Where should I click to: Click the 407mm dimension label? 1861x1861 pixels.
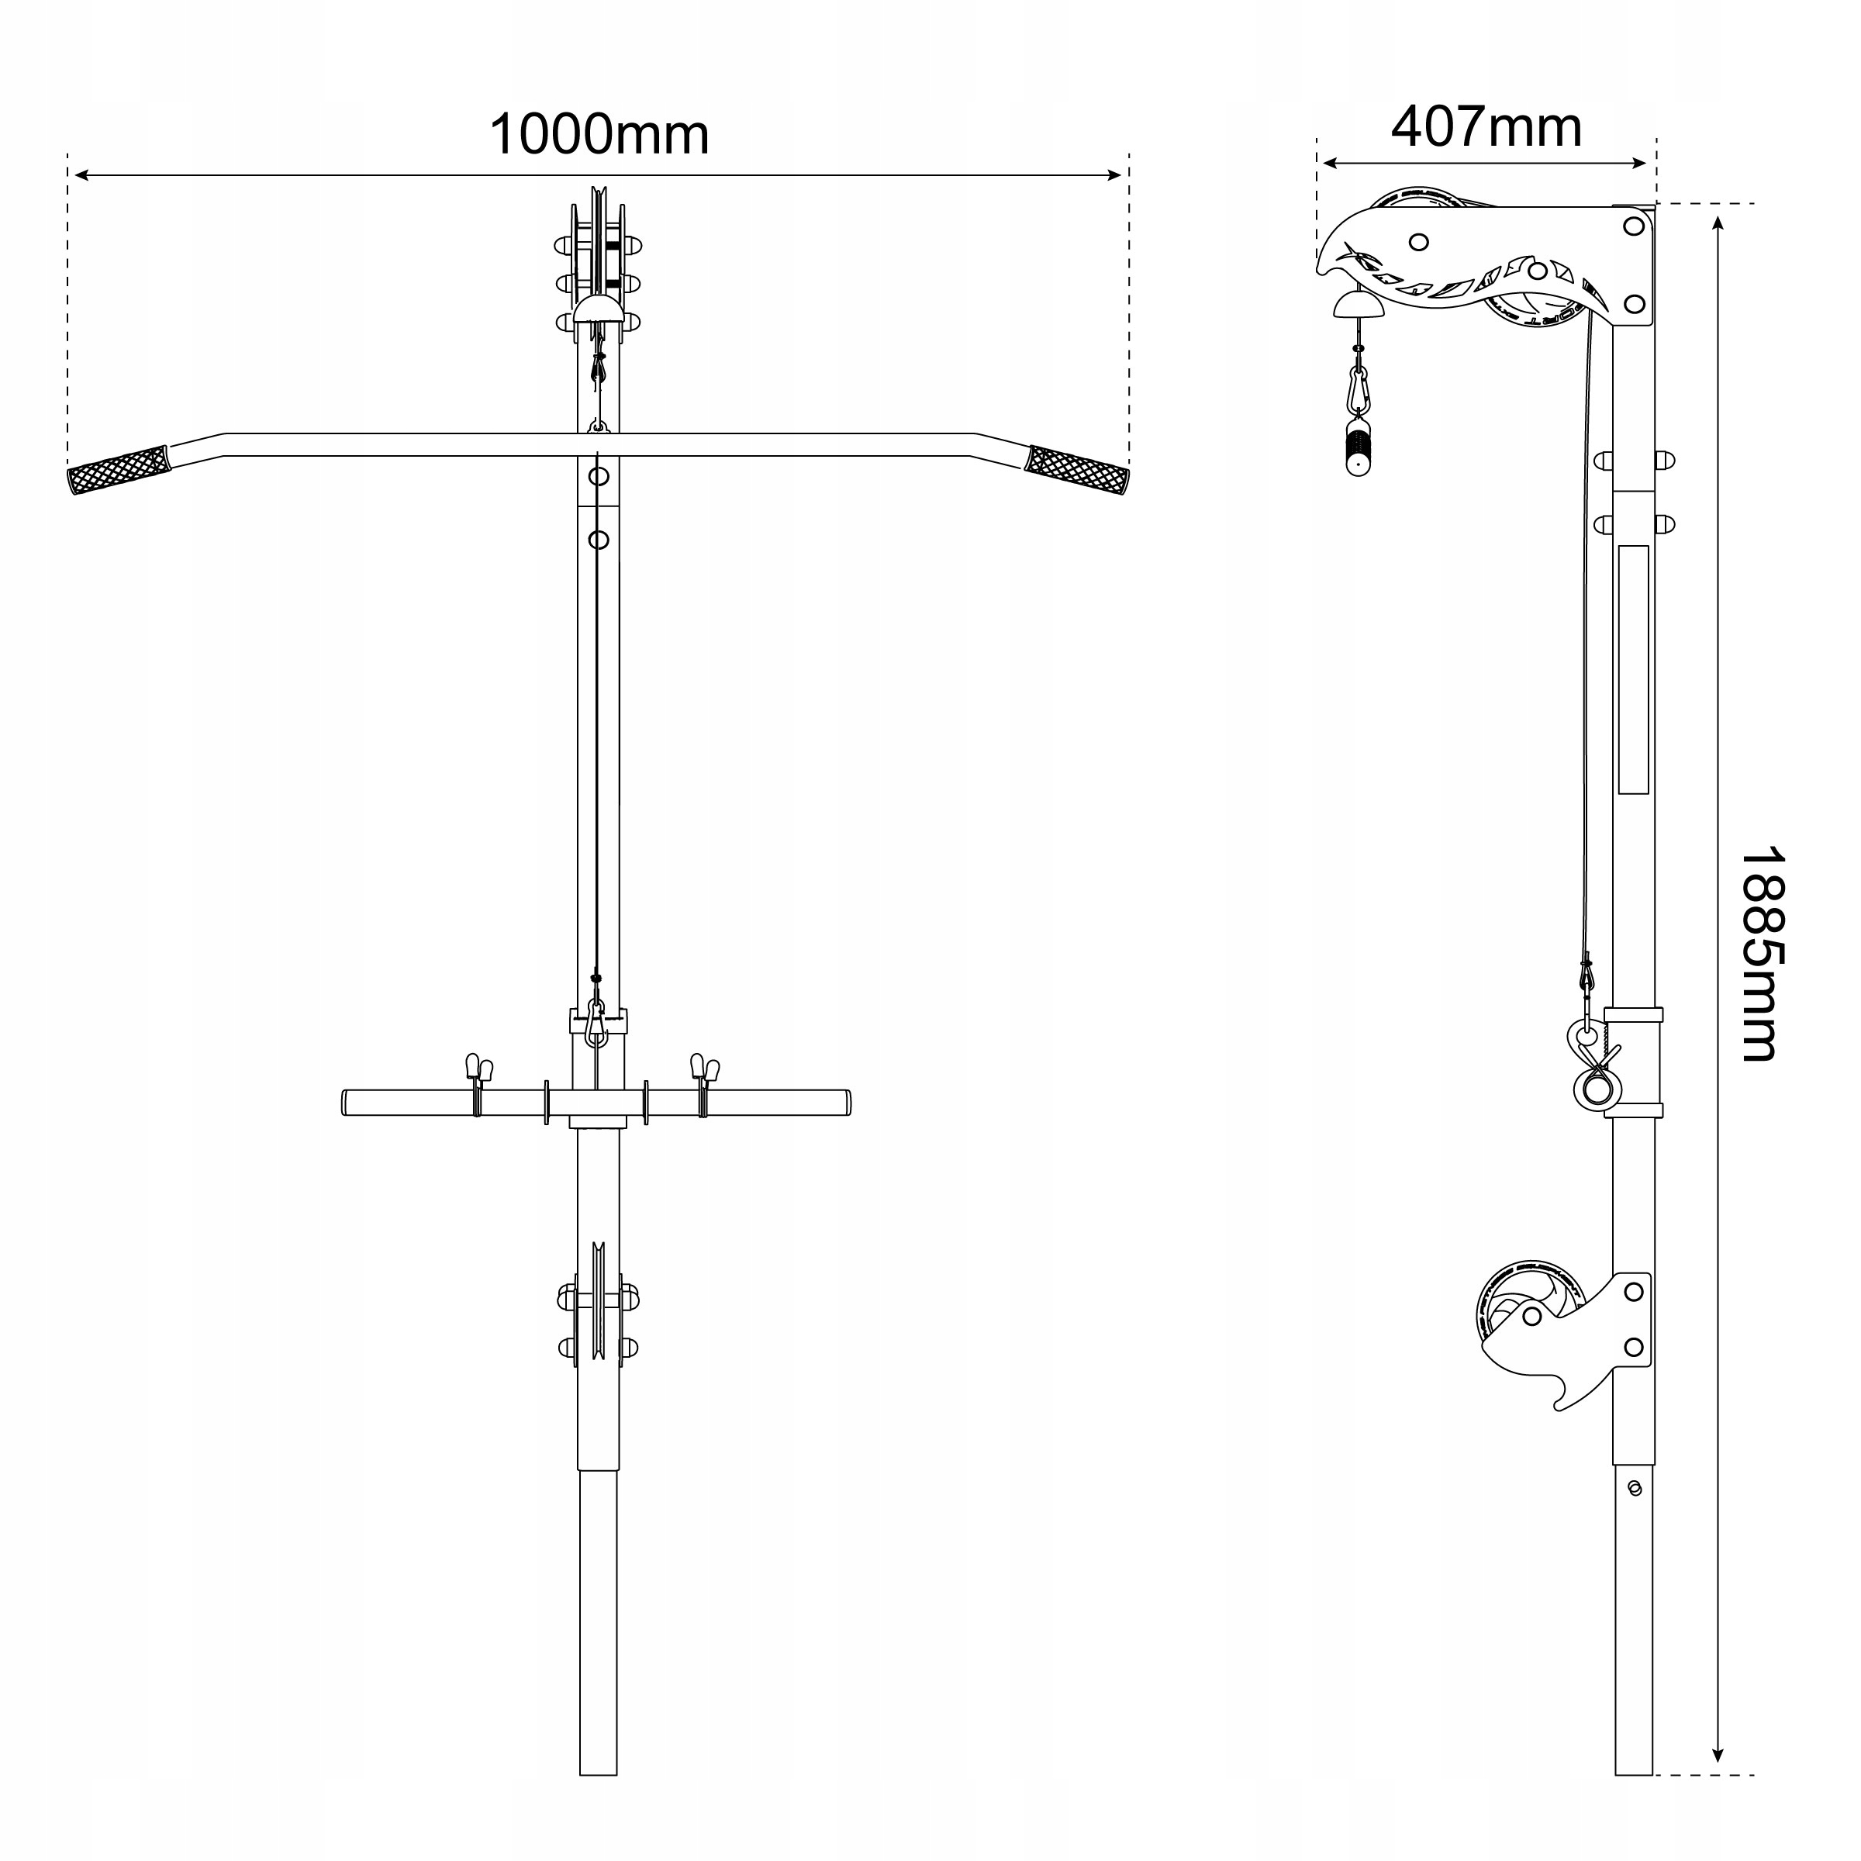pos(1486,126)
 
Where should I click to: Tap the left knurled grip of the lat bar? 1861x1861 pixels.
pos(118,468)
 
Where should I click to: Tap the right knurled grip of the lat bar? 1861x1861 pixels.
pos(1077,469)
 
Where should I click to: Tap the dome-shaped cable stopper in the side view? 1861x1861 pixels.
pos(1357,306)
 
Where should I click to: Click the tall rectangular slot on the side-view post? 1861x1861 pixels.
pos(1633,669)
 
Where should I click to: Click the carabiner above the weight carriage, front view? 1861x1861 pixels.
pos(596,1021)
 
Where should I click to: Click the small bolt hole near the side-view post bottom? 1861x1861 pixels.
pos(1634,1488)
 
